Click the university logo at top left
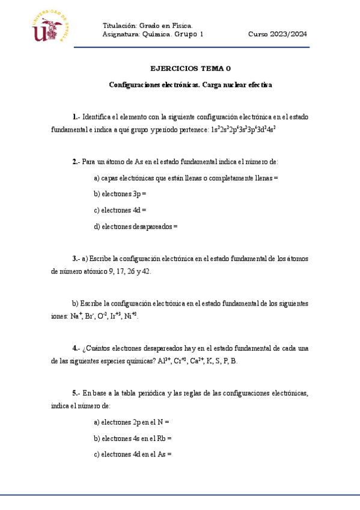(55, 28)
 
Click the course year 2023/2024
(278, 34)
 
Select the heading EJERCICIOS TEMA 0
(190, 69)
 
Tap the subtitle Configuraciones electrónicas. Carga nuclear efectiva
(190, 85)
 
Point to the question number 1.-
(76, 117)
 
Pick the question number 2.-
(76, 162)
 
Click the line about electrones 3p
(120, 194)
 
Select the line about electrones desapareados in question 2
(136, 227)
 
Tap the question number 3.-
(76, 259)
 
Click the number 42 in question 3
(144, 271)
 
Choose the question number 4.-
(76, 348)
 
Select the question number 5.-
(76, 393)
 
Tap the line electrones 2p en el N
(132, 422)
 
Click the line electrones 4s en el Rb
(133, 438)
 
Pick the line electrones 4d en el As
(133, 455)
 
